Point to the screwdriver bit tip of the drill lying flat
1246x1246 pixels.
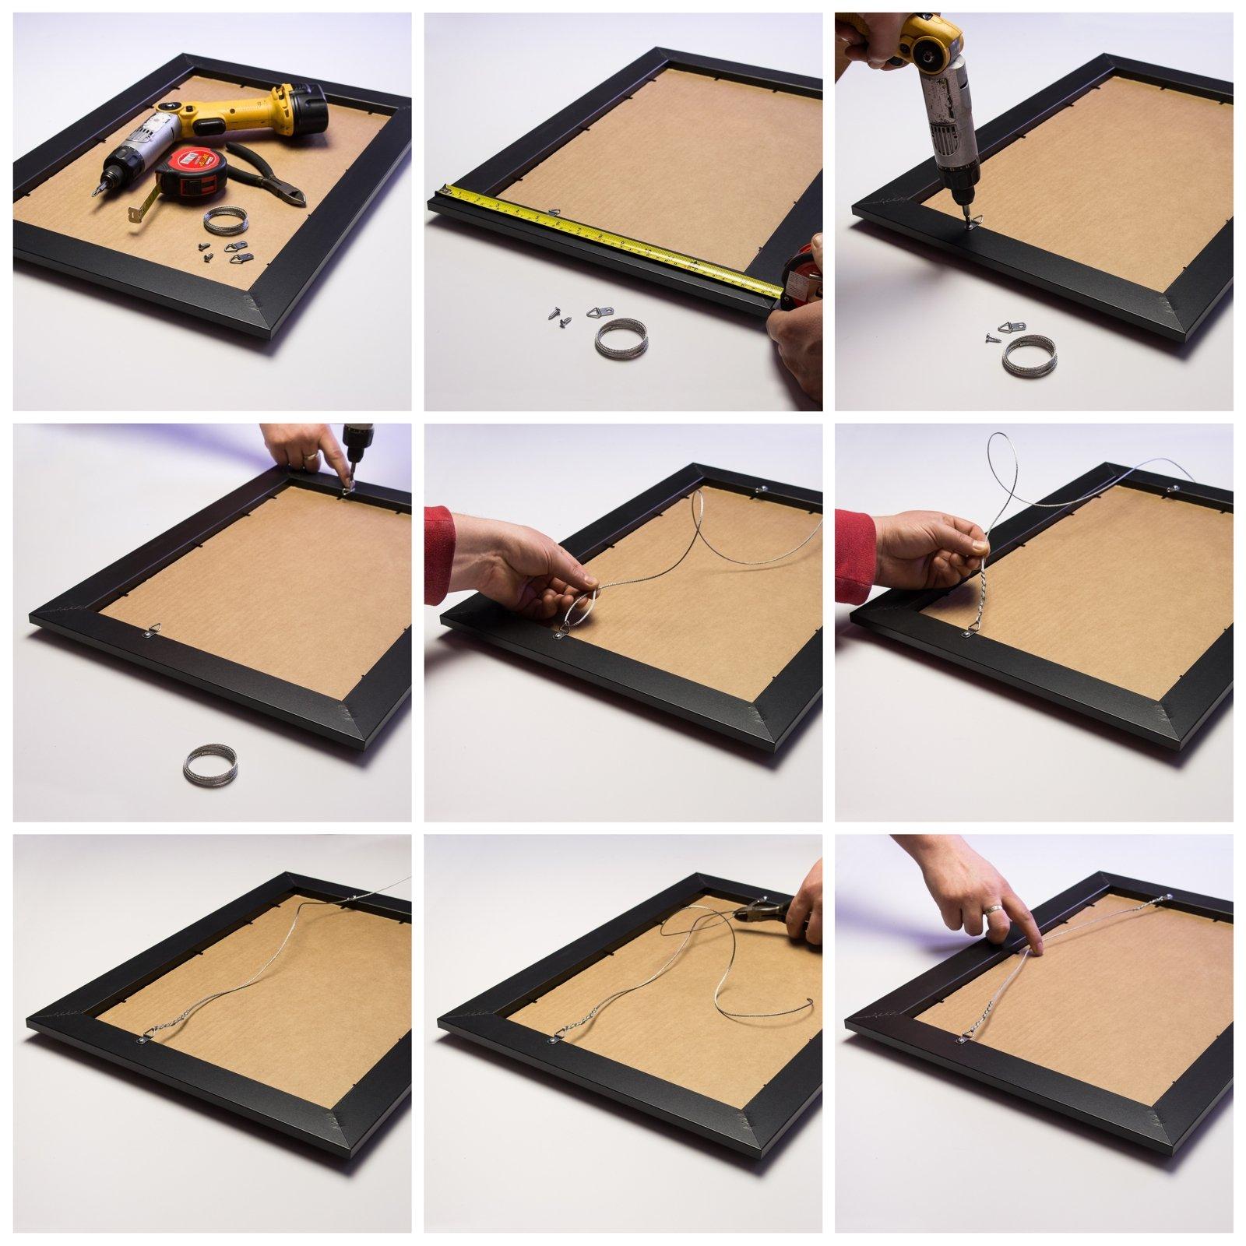pos(96,191)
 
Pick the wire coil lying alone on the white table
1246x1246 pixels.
pos(207,763)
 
